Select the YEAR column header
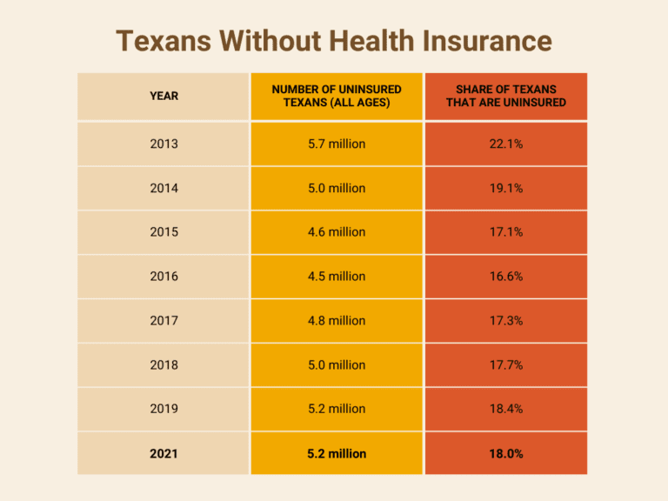pyautogui.click(x=164, y=96)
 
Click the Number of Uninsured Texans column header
pyautogui.click(x=337, y=96)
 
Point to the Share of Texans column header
pyautogui.click(x=506, y=96)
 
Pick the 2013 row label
pyautogui.click(x=164, y=144)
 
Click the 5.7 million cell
pyautogui.click(x=337, y=144)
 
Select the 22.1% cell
pyautogui.click(x=506, y=144)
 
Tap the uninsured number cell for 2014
pyautogui.click(x=337, y=188)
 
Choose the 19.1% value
pyautogui.click(x=506, y=188)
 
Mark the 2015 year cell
pyautogui.click(x=164, y=232)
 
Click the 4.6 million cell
pyautogui.click(x=337, y=232)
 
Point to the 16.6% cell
pyautogui.click(x=506, y=277)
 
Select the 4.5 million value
pyautogui.click(x=337, y=277)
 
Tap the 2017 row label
pyautogui.click(x=164, y=321)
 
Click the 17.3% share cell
pyautogui.click(x=506, y=321)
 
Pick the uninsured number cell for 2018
pyautogui.click(x=337, y=365)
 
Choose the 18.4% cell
pyautogui.click(x=506, y=409)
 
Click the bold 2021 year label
pyautogui.click(x=164, y=453)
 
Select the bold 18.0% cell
pyautogui.click(x=506, y=453)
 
